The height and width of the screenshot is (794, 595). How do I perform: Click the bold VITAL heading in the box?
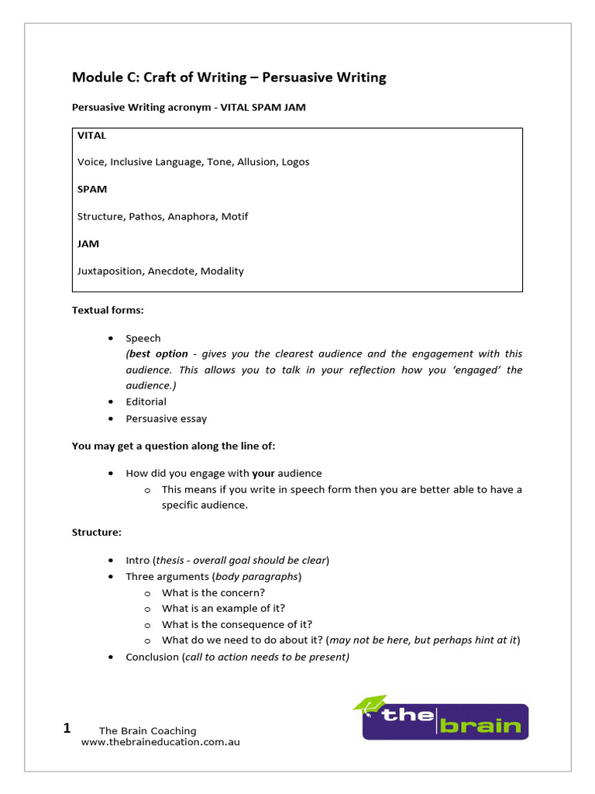point(91,136)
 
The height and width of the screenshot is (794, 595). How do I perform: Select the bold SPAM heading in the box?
point(92,189)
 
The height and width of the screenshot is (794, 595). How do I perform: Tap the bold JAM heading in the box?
point(88,243)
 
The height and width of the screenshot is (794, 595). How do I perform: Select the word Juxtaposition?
point(109,271)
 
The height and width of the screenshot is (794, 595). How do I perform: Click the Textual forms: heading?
point(108,310)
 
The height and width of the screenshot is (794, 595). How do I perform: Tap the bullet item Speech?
point(143,338)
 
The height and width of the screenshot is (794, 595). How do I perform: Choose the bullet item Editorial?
point(146,402)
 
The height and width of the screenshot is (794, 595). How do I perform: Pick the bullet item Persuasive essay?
point(166,419)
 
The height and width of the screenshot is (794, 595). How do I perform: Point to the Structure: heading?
point(97,533)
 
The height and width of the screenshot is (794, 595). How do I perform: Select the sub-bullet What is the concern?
point(213,593)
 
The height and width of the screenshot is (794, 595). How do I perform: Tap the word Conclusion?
point(152,657)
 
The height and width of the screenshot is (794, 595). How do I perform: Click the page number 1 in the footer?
point(67,728)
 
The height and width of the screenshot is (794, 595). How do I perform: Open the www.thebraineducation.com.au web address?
point(160,742)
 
